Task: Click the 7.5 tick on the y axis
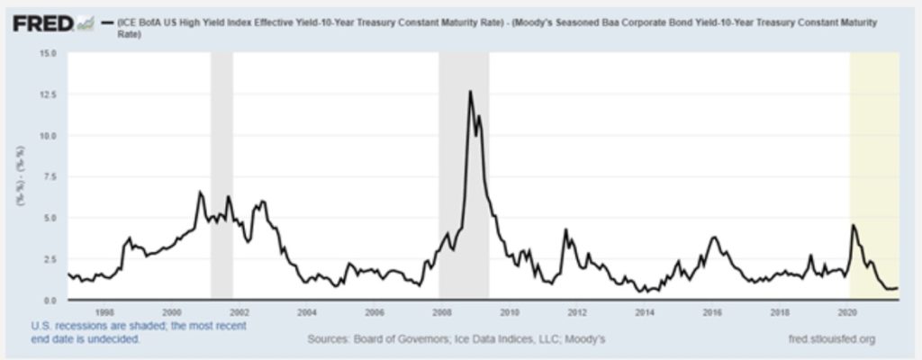49,176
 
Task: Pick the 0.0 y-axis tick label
49,300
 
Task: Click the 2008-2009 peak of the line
469,92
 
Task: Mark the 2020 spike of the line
854,225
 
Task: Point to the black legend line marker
109,21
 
